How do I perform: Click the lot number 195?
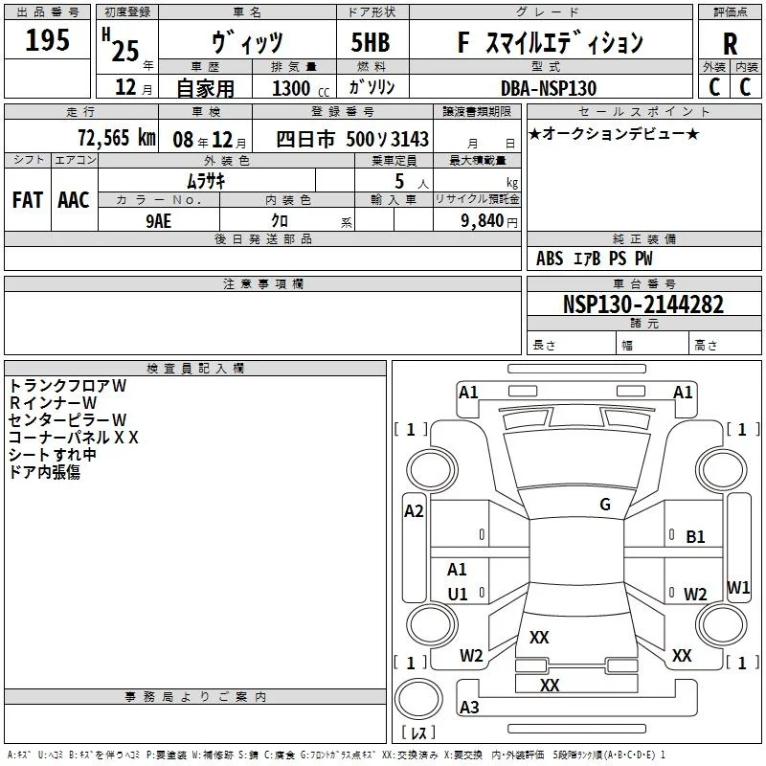point(47,39)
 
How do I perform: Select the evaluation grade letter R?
point(730,44)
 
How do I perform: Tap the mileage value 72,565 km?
point(117,138)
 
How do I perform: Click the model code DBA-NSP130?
point(549,88)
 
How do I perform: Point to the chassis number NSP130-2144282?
point(643,304)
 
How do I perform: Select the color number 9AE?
point(159,221)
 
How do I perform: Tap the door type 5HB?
point(371,42)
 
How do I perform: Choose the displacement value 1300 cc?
point(301,88)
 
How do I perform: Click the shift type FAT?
point(28,200)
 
